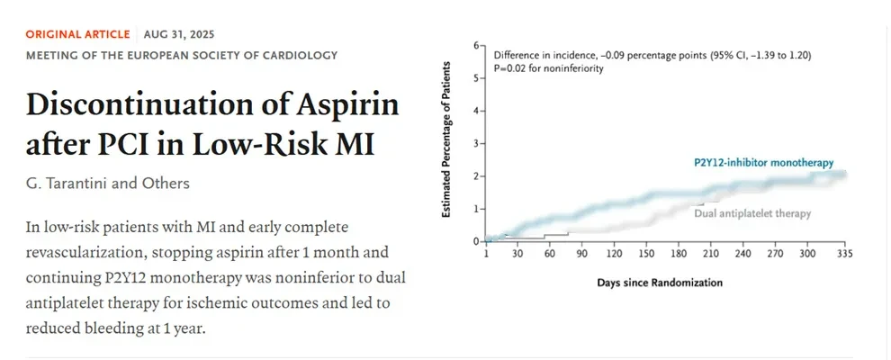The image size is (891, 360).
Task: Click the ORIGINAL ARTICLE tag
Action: (x=77, y=34)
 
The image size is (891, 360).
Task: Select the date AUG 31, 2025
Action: (x=179, y=34)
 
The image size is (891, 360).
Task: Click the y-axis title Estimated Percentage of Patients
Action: (x=446, y=139)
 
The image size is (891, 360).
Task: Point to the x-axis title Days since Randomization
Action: (x=660, y=283)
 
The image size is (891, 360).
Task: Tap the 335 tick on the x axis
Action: (x=845, y=254)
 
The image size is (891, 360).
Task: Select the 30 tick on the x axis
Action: (x=517, y=254)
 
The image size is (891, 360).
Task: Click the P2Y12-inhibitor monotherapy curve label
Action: (x=764, y=163)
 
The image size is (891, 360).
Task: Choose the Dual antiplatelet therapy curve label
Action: (x=752, y=213)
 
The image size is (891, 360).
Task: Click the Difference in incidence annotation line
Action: (x=652, y=56)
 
